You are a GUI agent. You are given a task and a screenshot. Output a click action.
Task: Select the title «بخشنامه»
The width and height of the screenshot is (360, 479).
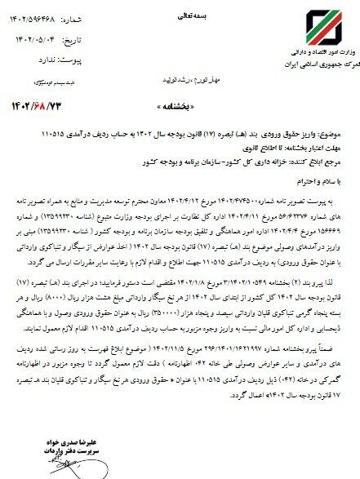pos(180,108)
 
